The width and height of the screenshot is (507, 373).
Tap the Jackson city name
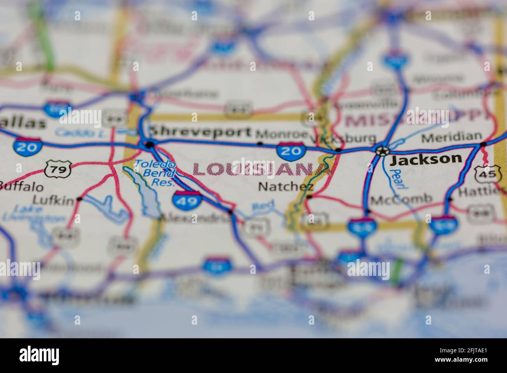pyautogui.click(x=426, y=159)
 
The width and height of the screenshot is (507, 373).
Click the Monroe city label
pyautogui.click(x=282, y=134)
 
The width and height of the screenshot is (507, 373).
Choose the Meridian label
pyautogui.click(x=452, y=137)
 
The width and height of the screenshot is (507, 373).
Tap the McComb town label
pyautogui.click(x=401, y=200)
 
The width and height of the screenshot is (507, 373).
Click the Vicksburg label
pyautogui.click(x=344, y=139)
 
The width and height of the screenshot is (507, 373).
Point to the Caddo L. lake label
pyautogui.click(x=76, y=132)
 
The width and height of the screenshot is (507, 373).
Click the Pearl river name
pyautogui.click(x=397, y=179)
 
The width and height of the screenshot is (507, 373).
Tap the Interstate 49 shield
pyautogui.click(x=187, y=199)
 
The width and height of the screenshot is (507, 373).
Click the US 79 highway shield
pyautogui.click(x=57, y=169)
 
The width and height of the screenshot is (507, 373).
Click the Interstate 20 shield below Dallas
pyautogui.click(x=27, y=146)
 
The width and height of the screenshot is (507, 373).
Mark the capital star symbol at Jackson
pyautogui.click(x=382, y=150)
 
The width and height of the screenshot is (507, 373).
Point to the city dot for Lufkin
pyautogui.click(x=80, y=199)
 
